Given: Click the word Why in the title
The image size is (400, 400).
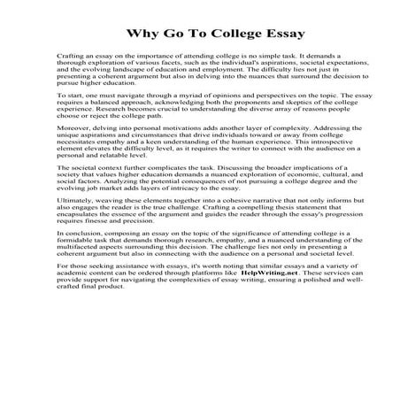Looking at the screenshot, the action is [x=143, y=35].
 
